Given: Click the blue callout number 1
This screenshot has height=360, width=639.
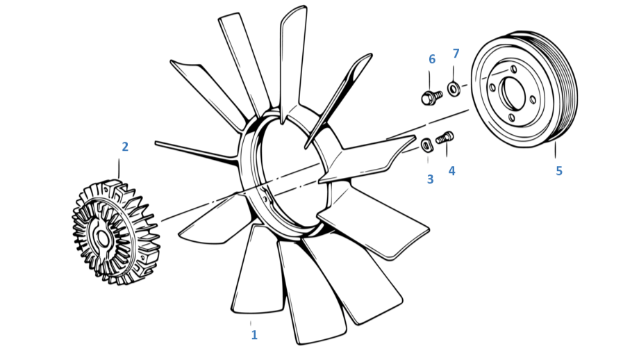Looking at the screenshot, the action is [254, 335].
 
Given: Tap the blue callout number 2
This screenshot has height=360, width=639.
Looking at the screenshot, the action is [125, 147].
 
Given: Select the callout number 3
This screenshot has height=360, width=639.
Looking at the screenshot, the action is [431, 179].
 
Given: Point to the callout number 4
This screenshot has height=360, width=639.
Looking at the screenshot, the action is [451, 171].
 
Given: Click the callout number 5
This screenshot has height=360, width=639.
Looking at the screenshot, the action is [559, 171].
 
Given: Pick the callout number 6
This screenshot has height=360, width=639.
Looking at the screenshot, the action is [432, 59].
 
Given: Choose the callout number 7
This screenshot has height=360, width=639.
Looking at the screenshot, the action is [456, 54].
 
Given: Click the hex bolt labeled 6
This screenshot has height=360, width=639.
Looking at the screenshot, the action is [431, 97].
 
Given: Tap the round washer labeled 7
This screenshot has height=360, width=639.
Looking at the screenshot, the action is [454, 88].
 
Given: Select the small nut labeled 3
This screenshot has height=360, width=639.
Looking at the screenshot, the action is [426, 145].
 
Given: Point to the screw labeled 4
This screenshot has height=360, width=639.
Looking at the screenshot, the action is [445, 138].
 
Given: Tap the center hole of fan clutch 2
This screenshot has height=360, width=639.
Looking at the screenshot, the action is [102, 239].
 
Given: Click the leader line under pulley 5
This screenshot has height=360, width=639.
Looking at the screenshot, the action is [555, 149].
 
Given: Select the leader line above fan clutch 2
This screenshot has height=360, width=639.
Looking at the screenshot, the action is [119, 169].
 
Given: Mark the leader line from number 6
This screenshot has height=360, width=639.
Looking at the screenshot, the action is [429, 81].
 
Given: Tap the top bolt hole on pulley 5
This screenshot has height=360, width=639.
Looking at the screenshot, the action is [514, 69].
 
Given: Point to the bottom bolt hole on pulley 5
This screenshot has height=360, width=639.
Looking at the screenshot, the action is [511, 118].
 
